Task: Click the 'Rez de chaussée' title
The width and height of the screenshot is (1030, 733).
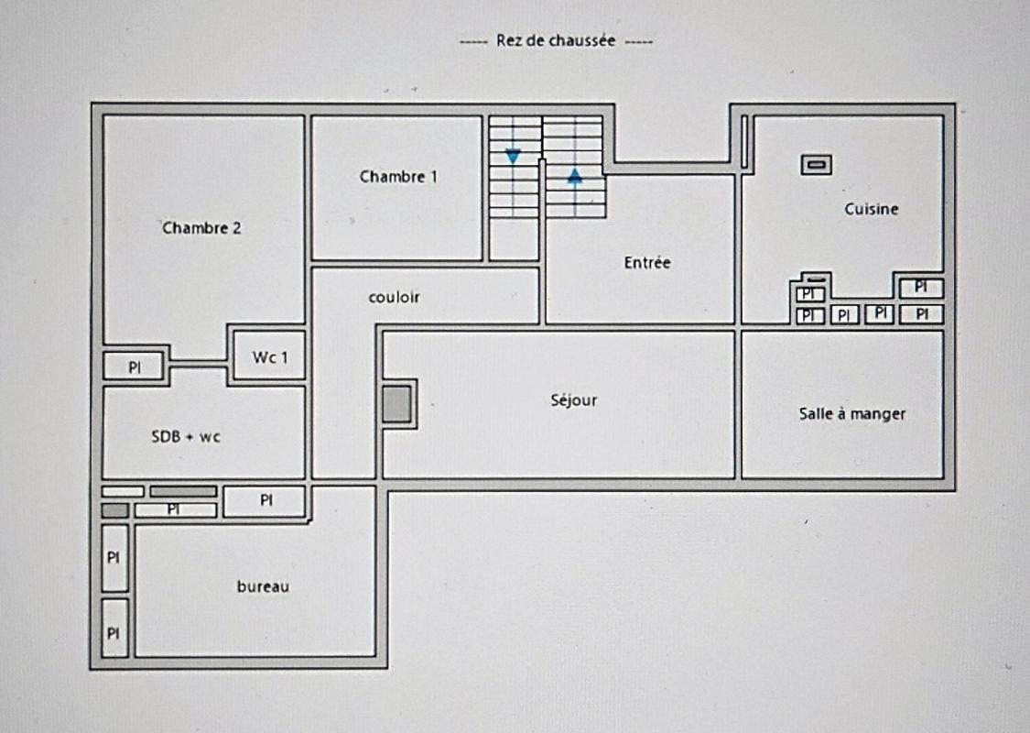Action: pyautogui.click(x=556, y=40)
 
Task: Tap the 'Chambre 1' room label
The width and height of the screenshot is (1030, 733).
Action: pyautogui.click(x=398, y=176)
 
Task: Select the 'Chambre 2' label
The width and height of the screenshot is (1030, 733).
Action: pyautogui.click(x=201, y=228)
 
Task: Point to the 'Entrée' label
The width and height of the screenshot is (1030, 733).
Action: pyautogui.click(x=647, y=262)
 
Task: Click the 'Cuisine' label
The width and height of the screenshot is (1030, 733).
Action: pyautogui.click(x=871, y=209)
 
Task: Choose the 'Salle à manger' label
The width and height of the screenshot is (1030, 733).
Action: pyautogui.click(x=852, y=413)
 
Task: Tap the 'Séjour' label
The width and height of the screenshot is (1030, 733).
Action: pyautogui.click(x=573, y=400)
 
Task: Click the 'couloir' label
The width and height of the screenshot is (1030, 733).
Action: pyautogui.click(x=394, y=297)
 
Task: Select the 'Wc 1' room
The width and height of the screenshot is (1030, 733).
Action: pyautogui.click(x=269, y=356)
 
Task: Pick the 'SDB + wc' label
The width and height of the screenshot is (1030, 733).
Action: pyautogui.click(x=185, y=436)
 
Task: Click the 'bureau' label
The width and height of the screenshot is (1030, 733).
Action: pyautogui.click(x=263, y=586)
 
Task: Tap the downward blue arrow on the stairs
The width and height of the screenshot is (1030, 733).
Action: pyautogui.click(x=513, y=157)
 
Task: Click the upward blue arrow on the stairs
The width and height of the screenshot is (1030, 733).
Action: pyautogui.click(x=575, y=176)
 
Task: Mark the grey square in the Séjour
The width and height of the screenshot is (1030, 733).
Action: pyautogui.click(x=396, y=404)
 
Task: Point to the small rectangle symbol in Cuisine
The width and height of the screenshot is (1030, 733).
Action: pyautogui.click(x=817, y=164)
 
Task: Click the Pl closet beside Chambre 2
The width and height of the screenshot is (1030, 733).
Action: pyautogui.click(x=134, y=366)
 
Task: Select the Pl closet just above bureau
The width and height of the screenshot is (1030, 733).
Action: pyautogui.click(x=265, y=501)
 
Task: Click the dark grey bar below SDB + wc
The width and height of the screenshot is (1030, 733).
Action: pyautogui.click(x=183, y=491)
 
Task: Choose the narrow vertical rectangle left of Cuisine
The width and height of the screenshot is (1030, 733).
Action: pyautogui.click(x=745, y=141)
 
